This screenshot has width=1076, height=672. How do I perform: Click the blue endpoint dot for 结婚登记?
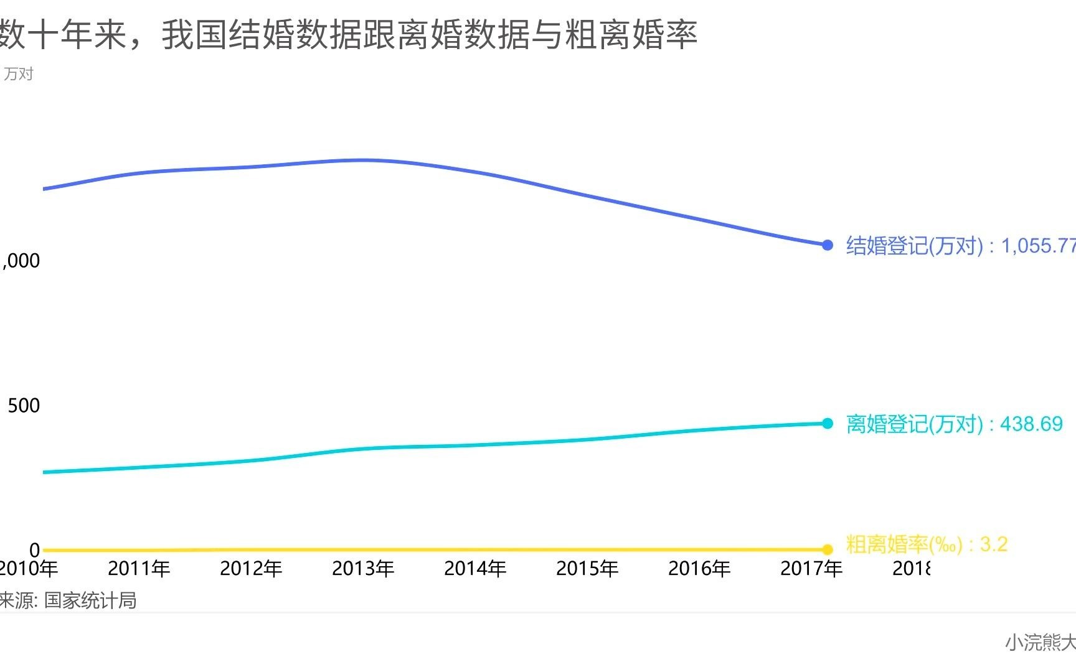pyautogui.click(x=827, y=245)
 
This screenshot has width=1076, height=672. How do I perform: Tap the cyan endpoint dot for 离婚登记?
pyautogui.click(x=827, y=423)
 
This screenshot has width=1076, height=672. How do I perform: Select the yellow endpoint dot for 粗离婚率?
pyautogui.click(x=827, y=549)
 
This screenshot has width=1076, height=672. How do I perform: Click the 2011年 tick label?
pyautogui.click(x=139, y=568)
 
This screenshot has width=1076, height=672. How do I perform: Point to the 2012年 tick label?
pyautogui.click(x=251, y=568)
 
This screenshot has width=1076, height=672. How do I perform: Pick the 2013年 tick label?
pyautogui.click(x=363, y=568)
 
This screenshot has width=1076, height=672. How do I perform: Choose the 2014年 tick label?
pyautogui.click(x=475, y=568)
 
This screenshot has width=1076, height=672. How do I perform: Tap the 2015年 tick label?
pyautogui.click(x=587, y=568)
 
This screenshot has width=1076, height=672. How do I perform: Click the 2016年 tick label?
pyautogui.click(x=699, y=568)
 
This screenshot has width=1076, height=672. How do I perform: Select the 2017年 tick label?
pyautogui.click(x=811, y=568)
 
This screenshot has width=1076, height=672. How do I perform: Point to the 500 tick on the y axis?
pyautogui.click(x=24, y=406)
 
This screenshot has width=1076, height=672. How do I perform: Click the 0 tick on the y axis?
pyautogui.click(x=35, y=550)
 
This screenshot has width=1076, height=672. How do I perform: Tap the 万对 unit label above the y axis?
pyautogui.click(x=18, y=74)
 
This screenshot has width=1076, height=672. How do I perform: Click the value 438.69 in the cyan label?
pyautogui.click(x=1031, y=424)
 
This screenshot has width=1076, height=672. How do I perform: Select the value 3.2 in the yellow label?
pyautogui.click(x=994, y=544)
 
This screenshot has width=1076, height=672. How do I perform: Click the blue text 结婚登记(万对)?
pyautogui.click(x=914, y=246)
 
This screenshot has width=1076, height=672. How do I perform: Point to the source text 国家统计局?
pyautogui.click(x=90, y=600)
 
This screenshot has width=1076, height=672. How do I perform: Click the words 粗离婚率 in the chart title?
pyautogui.click(x=630, y=34)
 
